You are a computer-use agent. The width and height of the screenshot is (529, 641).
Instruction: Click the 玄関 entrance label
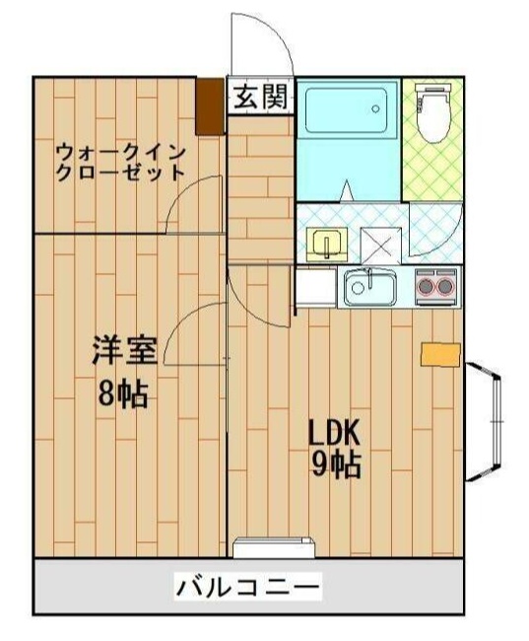click(x=261, y=97)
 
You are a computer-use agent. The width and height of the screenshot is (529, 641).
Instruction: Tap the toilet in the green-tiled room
click(x=433, y=112)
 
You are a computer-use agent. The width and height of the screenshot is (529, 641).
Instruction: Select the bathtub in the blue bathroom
click(x=346, y=110)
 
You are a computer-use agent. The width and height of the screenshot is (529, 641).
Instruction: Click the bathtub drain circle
click(x=375, y=108)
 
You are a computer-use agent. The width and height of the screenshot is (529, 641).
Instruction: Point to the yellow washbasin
click(x=327, y=244)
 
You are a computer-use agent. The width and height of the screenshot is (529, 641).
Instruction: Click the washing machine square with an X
click(x=380, y=246)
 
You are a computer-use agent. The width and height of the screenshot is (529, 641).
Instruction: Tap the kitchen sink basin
click(x=370, y=287)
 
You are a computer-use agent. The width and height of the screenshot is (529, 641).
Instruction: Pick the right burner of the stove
click(x=445, y=287)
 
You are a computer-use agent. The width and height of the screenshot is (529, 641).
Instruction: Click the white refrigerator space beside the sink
click(x=316, y=286)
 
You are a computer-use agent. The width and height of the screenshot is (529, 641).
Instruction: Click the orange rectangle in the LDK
click(x=440, y=355)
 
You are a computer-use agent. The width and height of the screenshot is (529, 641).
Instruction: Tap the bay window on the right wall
click(x=484, y=421)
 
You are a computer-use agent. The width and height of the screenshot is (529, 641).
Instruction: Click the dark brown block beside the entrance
click(x=210, y=107)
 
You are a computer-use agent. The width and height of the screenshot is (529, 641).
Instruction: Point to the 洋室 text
click(x=124, y=350)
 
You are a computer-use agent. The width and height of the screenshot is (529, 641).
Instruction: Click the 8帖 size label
click(x=122, y=394)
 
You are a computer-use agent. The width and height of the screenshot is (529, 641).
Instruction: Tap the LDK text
click(x=334, y=433)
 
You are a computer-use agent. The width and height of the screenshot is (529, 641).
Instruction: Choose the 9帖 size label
click(x=336, y=466)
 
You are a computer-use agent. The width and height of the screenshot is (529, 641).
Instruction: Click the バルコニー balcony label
click(x=248, y=589)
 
